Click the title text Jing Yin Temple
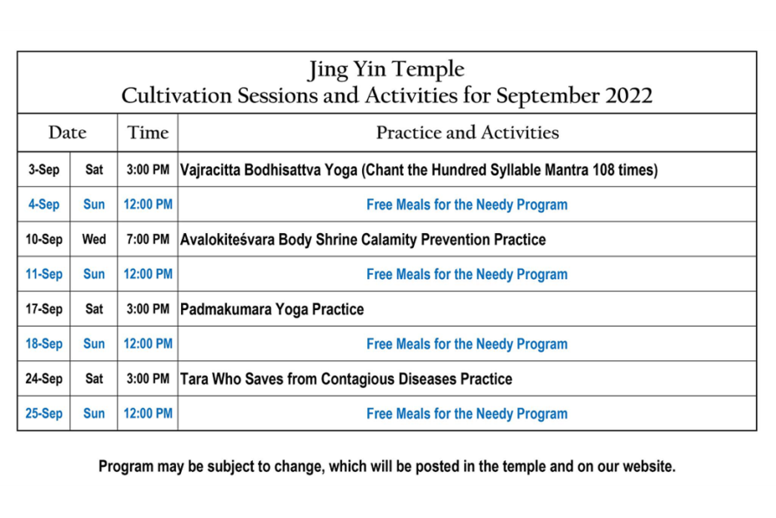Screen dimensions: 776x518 386,69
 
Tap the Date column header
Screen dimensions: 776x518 68,132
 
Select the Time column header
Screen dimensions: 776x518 148,132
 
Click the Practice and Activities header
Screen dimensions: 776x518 467,132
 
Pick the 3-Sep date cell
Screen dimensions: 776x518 43,170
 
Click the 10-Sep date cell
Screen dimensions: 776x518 43,240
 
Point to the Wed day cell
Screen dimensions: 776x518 94,240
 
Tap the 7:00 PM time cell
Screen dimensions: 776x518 148,240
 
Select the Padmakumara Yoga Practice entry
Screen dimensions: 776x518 272,309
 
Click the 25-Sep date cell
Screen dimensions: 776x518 43,414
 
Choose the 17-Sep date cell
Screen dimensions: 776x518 43,309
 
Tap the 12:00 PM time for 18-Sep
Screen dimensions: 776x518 148,344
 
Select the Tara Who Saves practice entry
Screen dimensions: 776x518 346,378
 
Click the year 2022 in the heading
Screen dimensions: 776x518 629,95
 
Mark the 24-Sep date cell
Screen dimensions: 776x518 43,378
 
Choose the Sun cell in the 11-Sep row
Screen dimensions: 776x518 94,274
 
